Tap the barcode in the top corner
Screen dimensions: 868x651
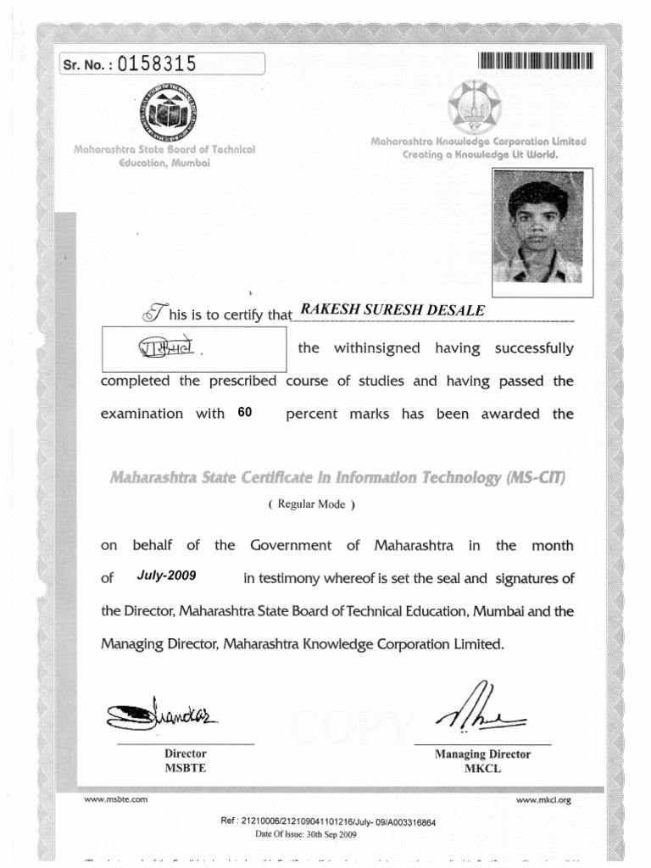(535, 60)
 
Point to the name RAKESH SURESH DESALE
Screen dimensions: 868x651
(388, 311)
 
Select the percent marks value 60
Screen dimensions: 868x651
(246, 413)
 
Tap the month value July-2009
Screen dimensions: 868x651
(166, 576)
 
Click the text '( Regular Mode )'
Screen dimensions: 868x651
(310, 504)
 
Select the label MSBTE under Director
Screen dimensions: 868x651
(185, 768)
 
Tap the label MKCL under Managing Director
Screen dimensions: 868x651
(482, 769)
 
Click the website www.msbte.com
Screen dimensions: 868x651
(116, 798)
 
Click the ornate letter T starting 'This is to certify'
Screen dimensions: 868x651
(152, 314)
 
